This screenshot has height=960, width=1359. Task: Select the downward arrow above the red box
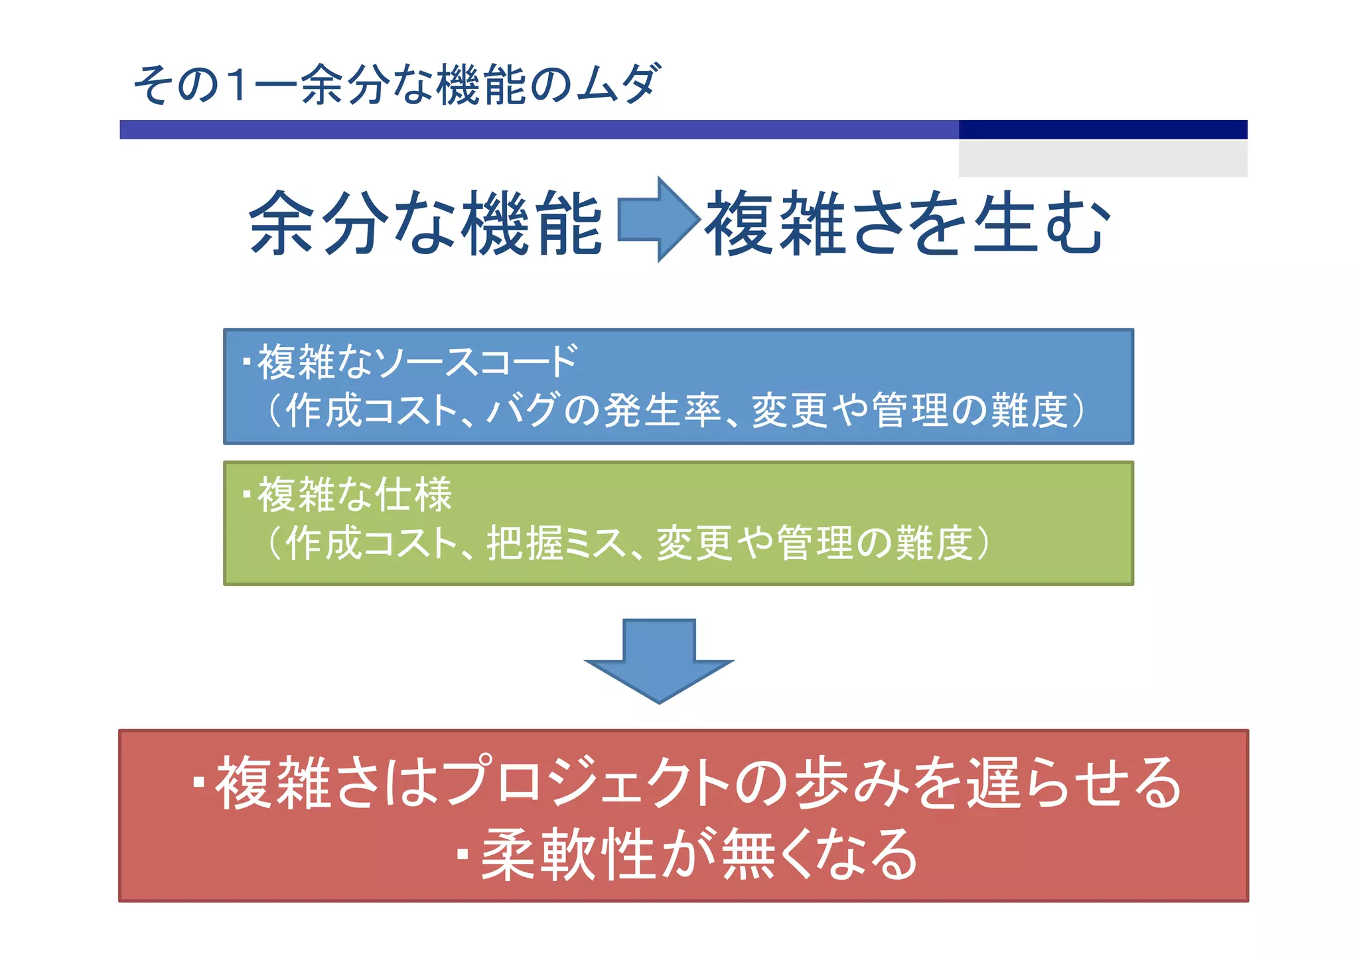[659, 660]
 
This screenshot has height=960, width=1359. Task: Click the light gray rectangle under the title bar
[1102, 159]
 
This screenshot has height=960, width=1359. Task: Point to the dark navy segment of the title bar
[1102, 129]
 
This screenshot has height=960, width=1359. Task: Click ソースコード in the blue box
[475, 362]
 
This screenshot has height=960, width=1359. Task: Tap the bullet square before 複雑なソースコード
[247, 362]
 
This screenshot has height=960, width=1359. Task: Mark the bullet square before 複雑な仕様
[247, 495]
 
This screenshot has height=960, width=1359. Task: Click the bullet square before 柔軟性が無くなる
[463, 855]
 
